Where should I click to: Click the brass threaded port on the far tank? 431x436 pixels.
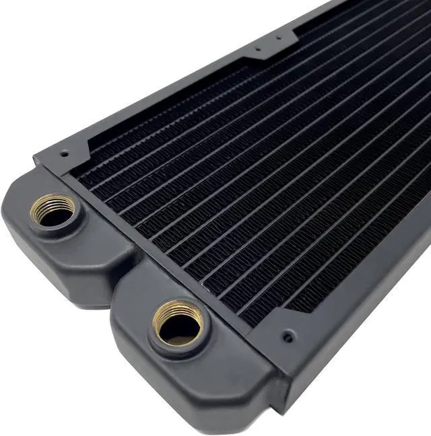(x=53, y=210)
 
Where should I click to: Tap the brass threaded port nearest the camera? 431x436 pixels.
(x=178, y=322)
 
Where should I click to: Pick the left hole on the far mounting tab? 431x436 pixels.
(x=256, y=50)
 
